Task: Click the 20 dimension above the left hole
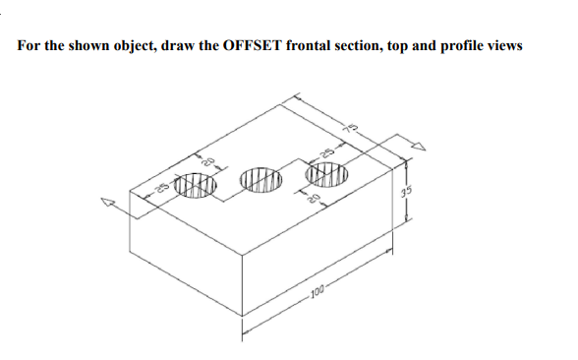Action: coord(208,161)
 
